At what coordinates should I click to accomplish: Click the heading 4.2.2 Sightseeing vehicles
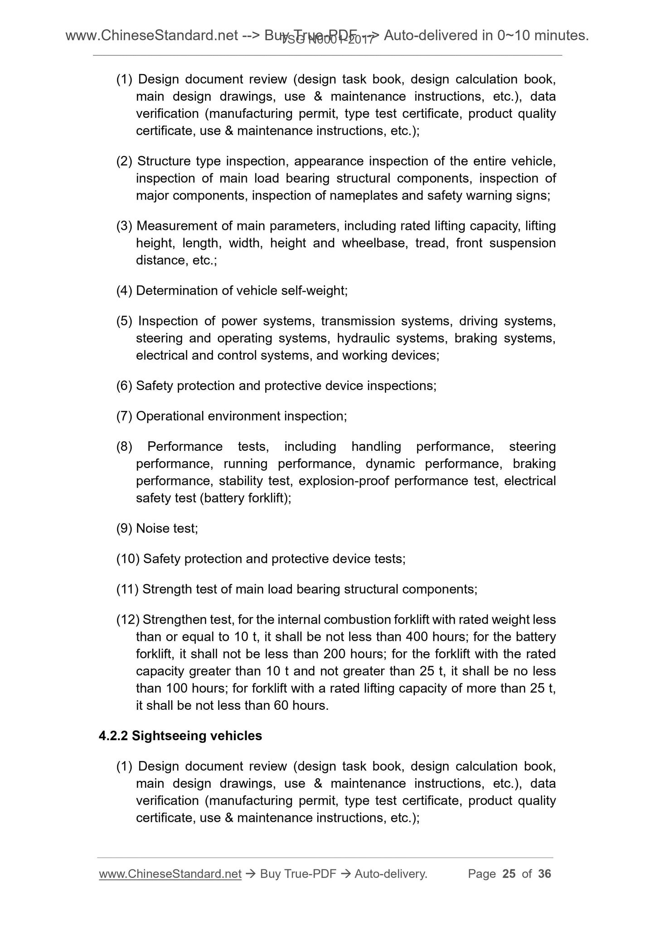coord(180,736)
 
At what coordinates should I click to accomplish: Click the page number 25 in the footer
coord(509,874)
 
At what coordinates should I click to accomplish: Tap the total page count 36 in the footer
coord(544,874)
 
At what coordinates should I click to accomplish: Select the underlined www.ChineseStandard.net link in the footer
coord(170,874)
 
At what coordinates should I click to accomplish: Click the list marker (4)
coord(124,291)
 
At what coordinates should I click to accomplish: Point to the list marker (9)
coord(124,528)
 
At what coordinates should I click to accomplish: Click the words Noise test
coord(166,528)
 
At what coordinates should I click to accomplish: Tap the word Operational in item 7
coord(170,416)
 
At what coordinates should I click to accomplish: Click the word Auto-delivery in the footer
coord(390,874)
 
